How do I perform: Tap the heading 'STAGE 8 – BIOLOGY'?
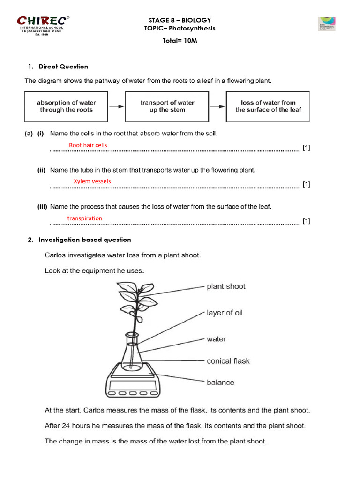tap(180, 20)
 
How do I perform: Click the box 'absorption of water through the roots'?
tap(66, 106)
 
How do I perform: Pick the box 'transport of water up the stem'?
tap(167, 106)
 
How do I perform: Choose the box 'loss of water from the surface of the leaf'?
tap(268, 106)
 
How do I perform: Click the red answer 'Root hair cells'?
tap(88, 145)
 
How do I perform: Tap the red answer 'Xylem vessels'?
tap(92, 181)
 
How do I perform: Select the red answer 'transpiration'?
tap(84, 218)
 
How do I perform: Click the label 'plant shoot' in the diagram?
tap(226, 286)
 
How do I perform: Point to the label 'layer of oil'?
tap(225, 313)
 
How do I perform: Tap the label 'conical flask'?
tap(228, 361)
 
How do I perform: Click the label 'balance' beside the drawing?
tap(220, 382)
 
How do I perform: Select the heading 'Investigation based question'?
tap(85, 240)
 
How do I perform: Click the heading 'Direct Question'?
tap(63, 67)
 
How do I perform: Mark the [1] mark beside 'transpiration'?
tap(306, 221)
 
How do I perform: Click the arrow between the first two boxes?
tap(117, 106)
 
